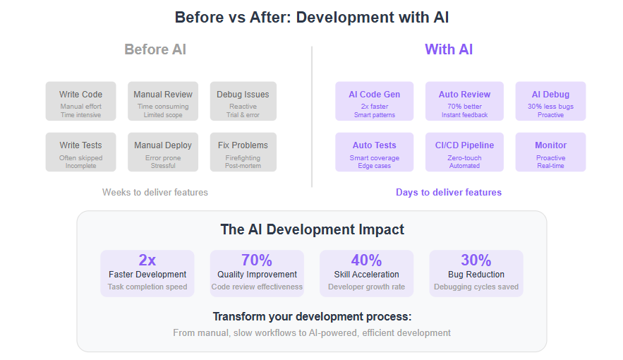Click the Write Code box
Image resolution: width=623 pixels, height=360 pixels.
coord(80,102)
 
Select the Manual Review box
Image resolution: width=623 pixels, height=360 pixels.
coord(163,102)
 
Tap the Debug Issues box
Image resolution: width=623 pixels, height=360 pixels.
coord(243,102)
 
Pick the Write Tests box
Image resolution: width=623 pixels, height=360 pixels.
coord(80,152)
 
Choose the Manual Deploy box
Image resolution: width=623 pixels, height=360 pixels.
coord(163,152)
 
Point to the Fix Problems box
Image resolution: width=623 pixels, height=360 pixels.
coord(243,152)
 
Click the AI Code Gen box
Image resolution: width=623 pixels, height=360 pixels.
coord(374,102)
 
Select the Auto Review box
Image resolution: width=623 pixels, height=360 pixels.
coord(464,102)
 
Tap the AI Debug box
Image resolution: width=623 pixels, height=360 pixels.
coord(551,102)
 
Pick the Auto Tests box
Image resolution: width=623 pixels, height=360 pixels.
coord(374,152)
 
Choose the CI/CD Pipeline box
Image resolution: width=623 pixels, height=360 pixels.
coord(464,152)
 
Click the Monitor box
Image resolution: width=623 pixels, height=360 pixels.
coord(551,152)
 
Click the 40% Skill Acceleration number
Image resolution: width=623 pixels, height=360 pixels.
coord(366,260)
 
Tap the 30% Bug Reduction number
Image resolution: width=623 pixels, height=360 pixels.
coord(476,260)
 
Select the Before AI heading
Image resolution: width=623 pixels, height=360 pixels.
coord(155,49)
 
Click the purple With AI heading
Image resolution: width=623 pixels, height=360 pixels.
coord(449,49)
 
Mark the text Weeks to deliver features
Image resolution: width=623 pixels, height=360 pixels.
coord(155,192)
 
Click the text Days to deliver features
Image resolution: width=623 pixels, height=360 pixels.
coord(449,192)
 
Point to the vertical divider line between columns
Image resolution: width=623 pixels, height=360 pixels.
coord(312,116)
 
